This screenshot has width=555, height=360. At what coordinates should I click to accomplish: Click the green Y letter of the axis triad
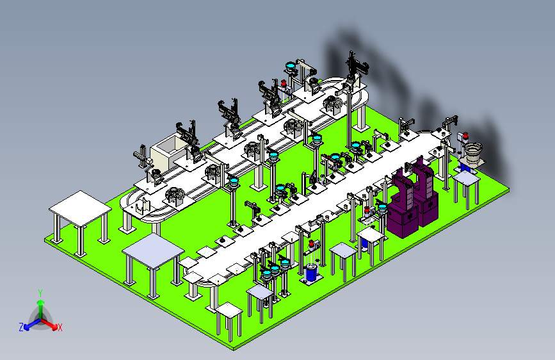click(40, 293)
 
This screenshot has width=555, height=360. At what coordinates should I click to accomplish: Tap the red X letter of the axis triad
click(60, 327)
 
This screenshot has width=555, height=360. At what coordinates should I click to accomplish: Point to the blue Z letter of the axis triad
click(21, 327)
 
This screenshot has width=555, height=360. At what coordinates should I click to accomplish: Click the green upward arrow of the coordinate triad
click(41, 308)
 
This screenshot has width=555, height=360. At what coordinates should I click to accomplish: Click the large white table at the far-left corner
click(81, 222)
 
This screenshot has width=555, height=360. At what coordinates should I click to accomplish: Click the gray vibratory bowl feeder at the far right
click(473, 153)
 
